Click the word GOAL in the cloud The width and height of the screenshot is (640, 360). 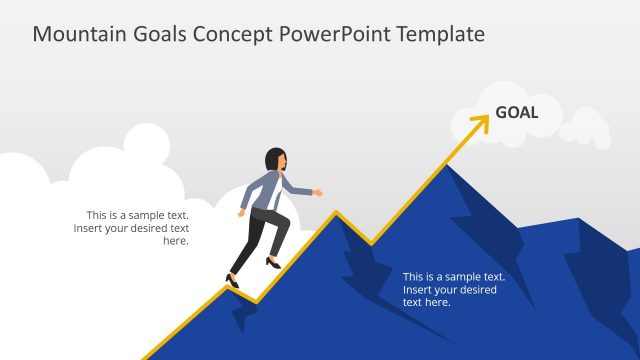(x=517, y=113)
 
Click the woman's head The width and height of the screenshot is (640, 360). (x=275, y=160)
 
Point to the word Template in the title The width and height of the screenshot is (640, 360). (x=442, y=34)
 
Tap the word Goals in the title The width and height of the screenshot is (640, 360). (x=160, y=34)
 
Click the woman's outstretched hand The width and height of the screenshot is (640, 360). (x=319, y=191)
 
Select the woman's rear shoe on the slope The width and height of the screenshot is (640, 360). (x=233, y=282)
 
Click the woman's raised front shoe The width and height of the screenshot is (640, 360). (x=272, y=263)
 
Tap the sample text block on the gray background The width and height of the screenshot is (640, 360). (x=131, y=228)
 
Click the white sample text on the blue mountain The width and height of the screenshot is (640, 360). (x=453, y=289)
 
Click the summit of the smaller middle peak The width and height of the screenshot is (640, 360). (x=336, y=213)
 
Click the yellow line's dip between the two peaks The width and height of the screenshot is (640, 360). (x=370, y=243)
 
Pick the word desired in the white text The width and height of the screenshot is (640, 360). (x=476, y=289)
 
